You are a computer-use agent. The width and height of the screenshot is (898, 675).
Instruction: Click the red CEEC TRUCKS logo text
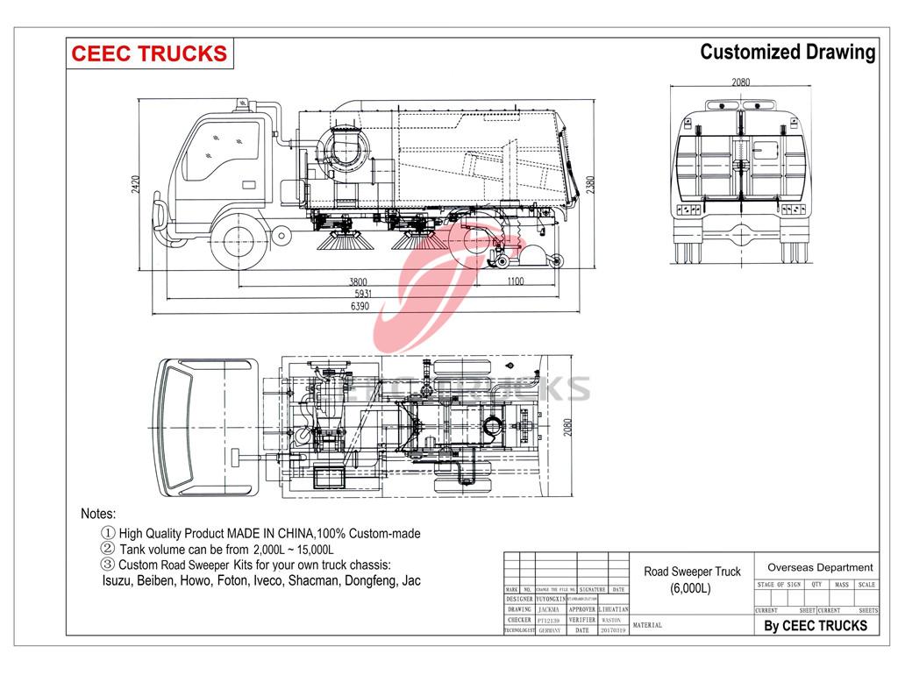point(148,53)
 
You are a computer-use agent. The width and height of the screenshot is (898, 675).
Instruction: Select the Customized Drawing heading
point(787,52)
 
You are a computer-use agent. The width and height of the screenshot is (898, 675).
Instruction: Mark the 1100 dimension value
point(514,282)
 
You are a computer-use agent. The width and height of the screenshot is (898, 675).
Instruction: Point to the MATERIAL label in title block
point(648,626)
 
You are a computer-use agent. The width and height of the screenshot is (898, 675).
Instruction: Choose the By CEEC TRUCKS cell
point(815,625)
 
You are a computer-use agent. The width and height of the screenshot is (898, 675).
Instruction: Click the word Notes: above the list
point(98,514)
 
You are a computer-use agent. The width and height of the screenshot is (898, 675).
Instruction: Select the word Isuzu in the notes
point(119,580)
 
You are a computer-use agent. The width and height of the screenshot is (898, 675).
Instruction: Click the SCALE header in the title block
point(866,585)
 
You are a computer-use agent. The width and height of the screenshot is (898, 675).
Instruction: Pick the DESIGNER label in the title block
point(519,599)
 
